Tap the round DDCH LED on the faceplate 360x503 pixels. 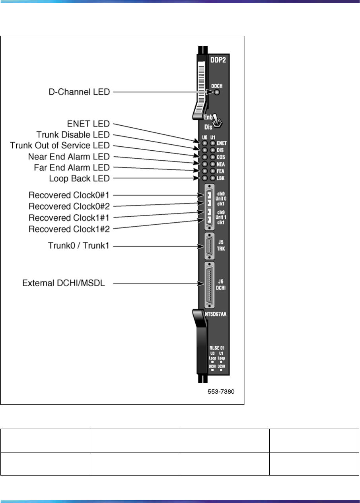click(x=217, y=93)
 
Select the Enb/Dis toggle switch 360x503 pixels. click(x=217, y=120)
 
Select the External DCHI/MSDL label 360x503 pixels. click(x=64, y=284)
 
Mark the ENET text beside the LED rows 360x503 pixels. click(x=222, y=142)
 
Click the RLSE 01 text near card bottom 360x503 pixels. click(x=217, y=348)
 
